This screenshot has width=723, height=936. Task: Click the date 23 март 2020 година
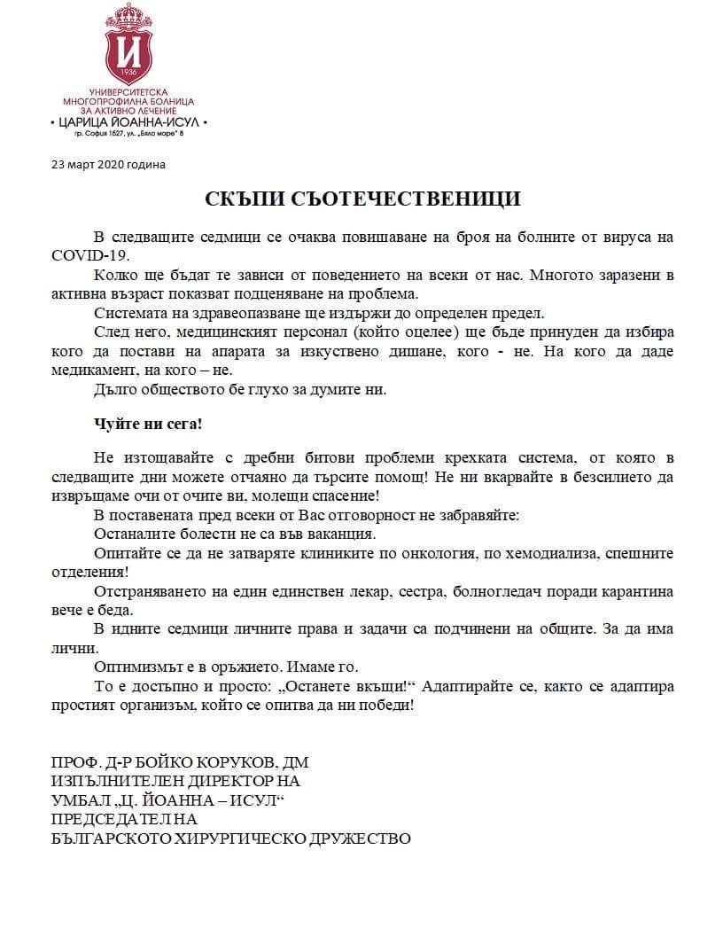tap(108, 164)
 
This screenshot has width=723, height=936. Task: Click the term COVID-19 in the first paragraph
tap(90, 254)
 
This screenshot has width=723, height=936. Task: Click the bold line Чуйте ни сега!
tap(148, 424)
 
